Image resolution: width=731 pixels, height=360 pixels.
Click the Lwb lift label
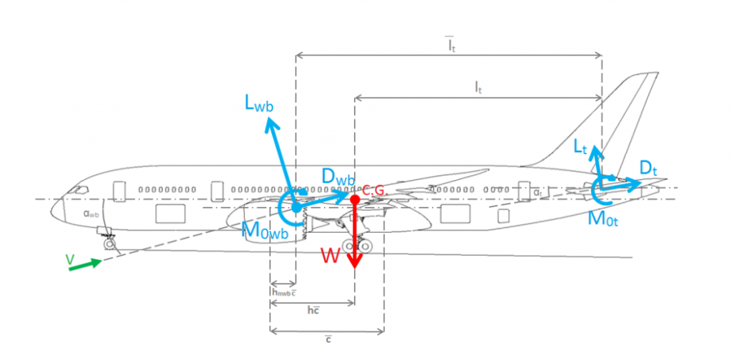point(259,106)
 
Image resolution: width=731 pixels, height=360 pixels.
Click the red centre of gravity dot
point(355,198)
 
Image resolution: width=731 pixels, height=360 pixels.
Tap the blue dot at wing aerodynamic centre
point(296,208)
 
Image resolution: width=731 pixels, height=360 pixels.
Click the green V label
point(70,261)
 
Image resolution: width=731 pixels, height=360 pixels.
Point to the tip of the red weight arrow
point(355,266)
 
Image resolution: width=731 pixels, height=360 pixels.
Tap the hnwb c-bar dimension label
point(283,291)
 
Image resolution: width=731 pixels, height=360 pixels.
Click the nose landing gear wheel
point(110,244)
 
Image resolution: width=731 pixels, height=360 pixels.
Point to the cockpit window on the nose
point(81,190)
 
